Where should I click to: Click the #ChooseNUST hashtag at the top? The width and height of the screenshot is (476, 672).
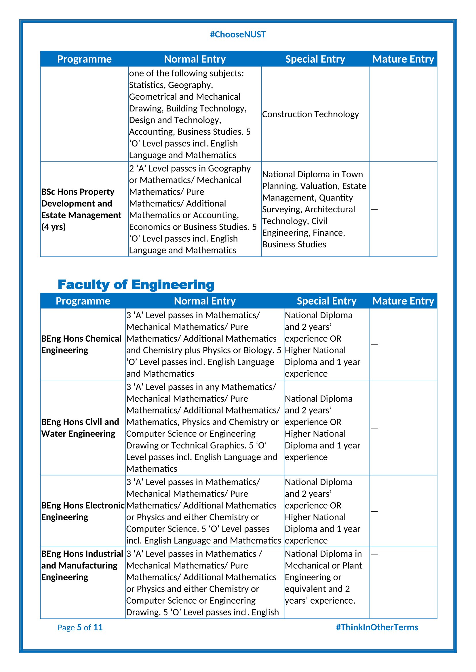click(x=238, y=34)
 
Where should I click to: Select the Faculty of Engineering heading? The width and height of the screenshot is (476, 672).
click(x=136, y=284)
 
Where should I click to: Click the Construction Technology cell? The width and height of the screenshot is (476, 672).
click(x=310, y=114)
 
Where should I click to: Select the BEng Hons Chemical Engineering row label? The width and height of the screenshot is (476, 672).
click(x=81, y=344)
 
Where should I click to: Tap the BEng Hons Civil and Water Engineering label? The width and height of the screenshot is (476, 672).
click(x=80, y=428)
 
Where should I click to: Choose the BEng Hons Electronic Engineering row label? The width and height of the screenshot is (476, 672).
click(x=83, y=511)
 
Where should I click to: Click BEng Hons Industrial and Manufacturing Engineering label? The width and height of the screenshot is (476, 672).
click(x=82, y=565)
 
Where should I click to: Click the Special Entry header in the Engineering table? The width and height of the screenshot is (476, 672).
click(x=327, y=301)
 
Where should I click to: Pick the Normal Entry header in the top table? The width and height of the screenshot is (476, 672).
click(x=195, y=59)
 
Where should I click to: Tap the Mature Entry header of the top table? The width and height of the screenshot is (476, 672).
click(x=403, y=59)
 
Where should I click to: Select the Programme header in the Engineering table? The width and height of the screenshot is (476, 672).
click(x=83, y=301)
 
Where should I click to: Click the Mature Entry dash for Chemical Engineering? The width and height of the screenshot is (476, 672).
click(x=374, y=344)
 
